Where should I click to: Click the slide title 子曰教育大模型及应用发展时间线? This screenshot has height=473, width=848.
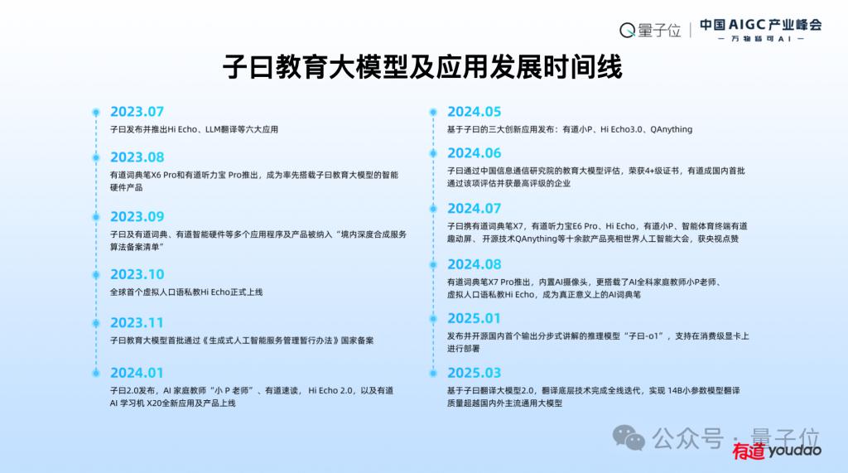[x=422, y=67]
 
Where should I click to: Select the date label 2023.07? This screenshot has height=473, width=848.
[x=137, y=112]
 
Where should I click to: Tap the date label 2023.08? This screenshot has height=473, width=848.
[x=137, y=157]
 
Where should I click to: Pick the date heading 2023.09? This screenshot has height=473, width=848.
[x=137, y=216]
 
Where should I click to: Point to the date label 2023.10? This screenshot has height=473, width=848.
[x=137, y=274]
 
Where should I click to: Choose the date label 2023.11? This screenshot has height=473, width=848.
[x=137, y=322]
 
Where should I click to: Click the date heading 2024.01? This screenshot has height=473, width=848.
[x=137, y=373]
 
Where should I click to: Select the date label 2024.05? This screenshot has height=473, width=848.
[x=475, y=112]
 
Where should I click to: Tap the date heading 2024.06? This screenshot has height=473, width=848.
[x=475, y=153]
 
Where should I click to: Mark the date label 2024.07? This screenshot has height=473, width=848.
[x=475, y=209]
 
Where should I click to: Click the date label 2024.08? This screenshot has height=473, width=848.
[x=475, y=264]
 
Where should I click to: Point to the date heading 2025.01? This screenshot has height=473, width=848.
[x=475, y=318]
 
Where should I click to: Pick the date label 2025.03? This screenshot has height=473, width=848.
[x=475, y=373]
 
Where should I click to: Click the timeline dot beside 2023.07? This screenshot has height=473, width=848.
[x=96, y=113]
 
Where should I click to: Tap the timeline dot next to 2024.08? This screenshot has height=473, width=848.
[x=433, y=265]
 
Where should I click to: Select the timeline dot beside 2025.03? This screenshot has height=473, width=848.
[x=433, y=373]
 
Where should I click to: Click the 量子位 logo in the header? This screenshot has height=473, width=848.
[x=649, y=31]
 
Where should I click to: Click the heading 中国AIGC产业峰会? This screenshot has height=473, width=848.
[x=760, y=25]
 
